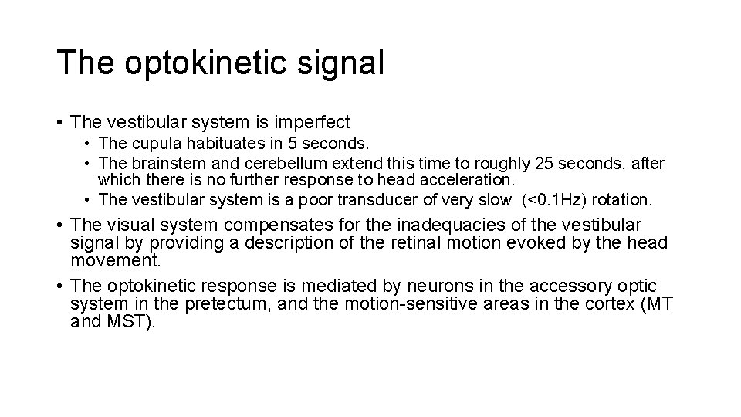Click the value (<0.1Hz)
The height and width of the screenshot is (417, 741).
tap(557, 200)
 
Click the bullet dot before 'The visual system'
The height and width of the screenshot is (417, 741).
tap(59, 225)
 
